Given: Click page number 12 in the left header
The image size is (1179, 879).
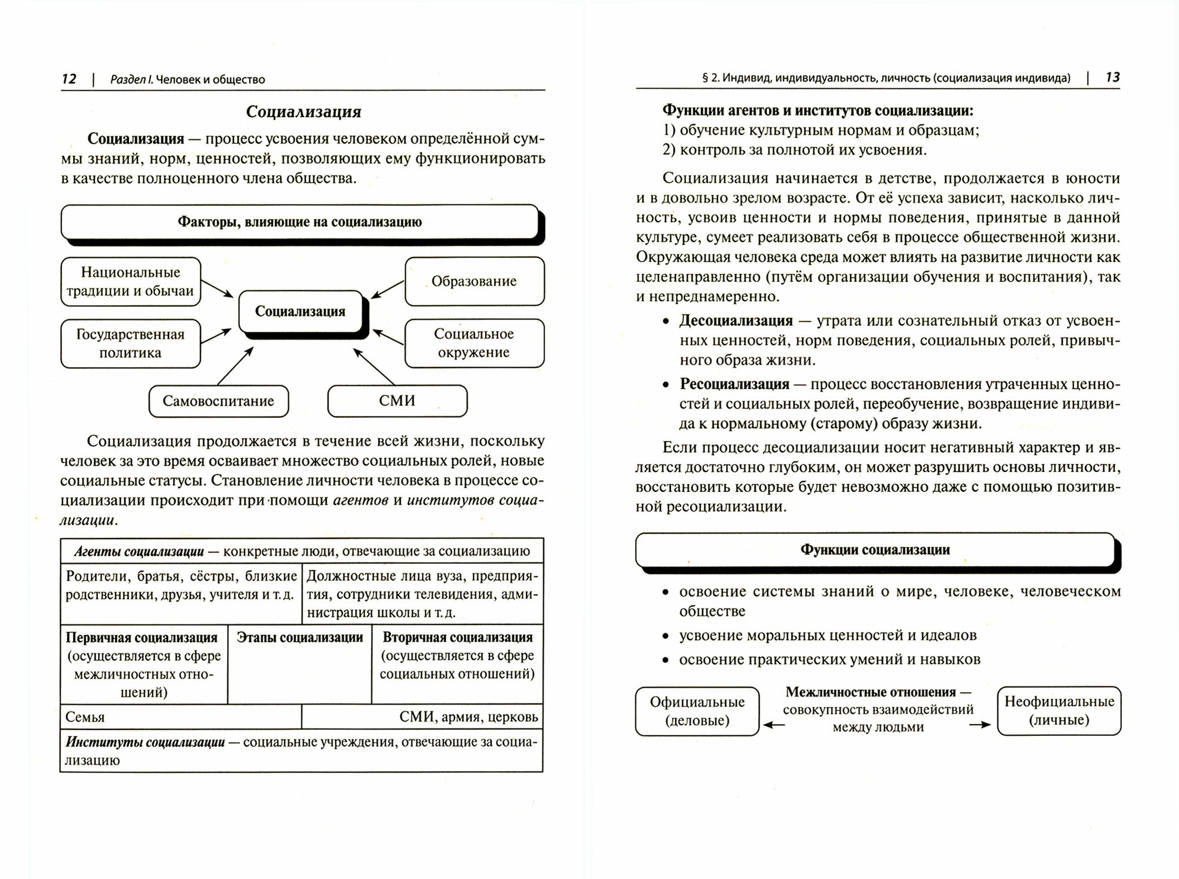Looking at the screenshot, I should coord(69,79).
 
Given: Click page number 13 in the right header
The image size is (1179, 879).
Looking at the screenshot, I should coord(1112,77).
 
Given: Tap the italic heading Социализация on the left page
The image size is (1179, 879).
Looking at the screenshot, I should coord(303,112).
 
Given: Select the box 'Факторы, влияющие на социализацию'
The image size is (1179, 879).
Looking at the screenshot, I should coord(299,222).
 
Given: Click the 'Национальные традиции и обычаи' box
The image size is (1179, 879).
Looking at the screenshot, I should coord(130,282).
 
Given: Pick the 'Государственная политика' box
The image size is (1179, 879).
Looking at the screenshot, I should coord(130,343).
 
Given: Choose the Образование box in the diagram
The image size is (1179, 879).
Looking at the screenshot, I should coord(474,282).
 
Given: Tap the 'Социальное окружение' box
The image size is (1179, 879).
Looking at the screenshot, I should coord(474,343).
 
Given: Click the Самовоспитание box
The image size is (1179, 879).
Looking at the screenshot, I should coord(218,401).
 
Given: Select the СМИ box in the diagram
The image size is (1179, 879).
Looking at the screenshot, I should coord(397,401).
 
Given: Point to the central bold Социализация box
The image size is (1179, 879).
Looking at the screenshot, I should coord(300,312).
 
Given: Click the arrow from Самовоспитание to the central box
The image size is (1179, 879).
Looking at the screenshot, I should coord(235,366).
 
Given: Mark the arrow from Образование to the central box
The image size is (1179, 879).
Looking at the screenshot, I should coord(387,289).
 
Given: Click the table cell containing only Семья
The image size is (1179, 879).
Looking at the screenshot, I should coord(180,717).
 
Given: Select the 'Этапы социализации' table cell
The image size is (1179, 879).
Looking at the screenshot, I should coord(299,663).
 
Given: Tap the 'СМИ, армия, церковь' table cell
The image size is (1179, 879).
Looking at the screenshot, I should coord(422,717).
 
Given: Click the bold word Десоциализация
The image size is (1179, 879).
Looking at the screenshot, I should coord(736,321).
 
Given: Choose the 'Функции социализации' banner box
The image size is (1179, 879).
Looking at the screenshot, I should coord(875,550).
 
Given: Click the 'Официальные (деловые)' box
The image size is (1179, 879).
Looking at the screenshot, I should coord(697,711).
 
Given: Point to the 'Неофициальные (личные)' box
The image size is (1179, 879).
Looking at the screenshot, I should coord(1059,711).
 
